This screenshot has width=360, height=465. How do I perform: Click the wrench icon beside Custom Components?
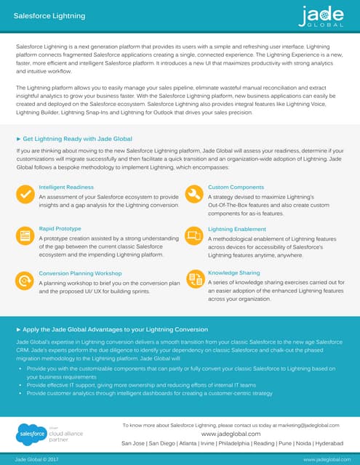pyautogui.click(x=194, y=194)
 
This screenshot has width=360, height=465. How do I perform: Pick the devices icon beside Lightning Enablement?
pyautogui.click(x=194, y=235)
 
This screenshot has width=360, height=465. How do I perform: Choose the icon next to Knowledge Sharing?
pyautogui.click(x=194, y=278)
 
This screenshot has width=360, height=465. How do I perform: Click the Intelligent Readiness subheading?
pyautogui.click(x=66, y=187)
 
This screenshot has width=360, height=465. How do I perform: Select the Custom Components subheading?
pyautogui.click(x=236, y=187)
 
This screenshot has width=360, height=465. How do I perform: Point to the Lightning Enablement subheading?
pyautogui.click(x=237, y=229)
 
